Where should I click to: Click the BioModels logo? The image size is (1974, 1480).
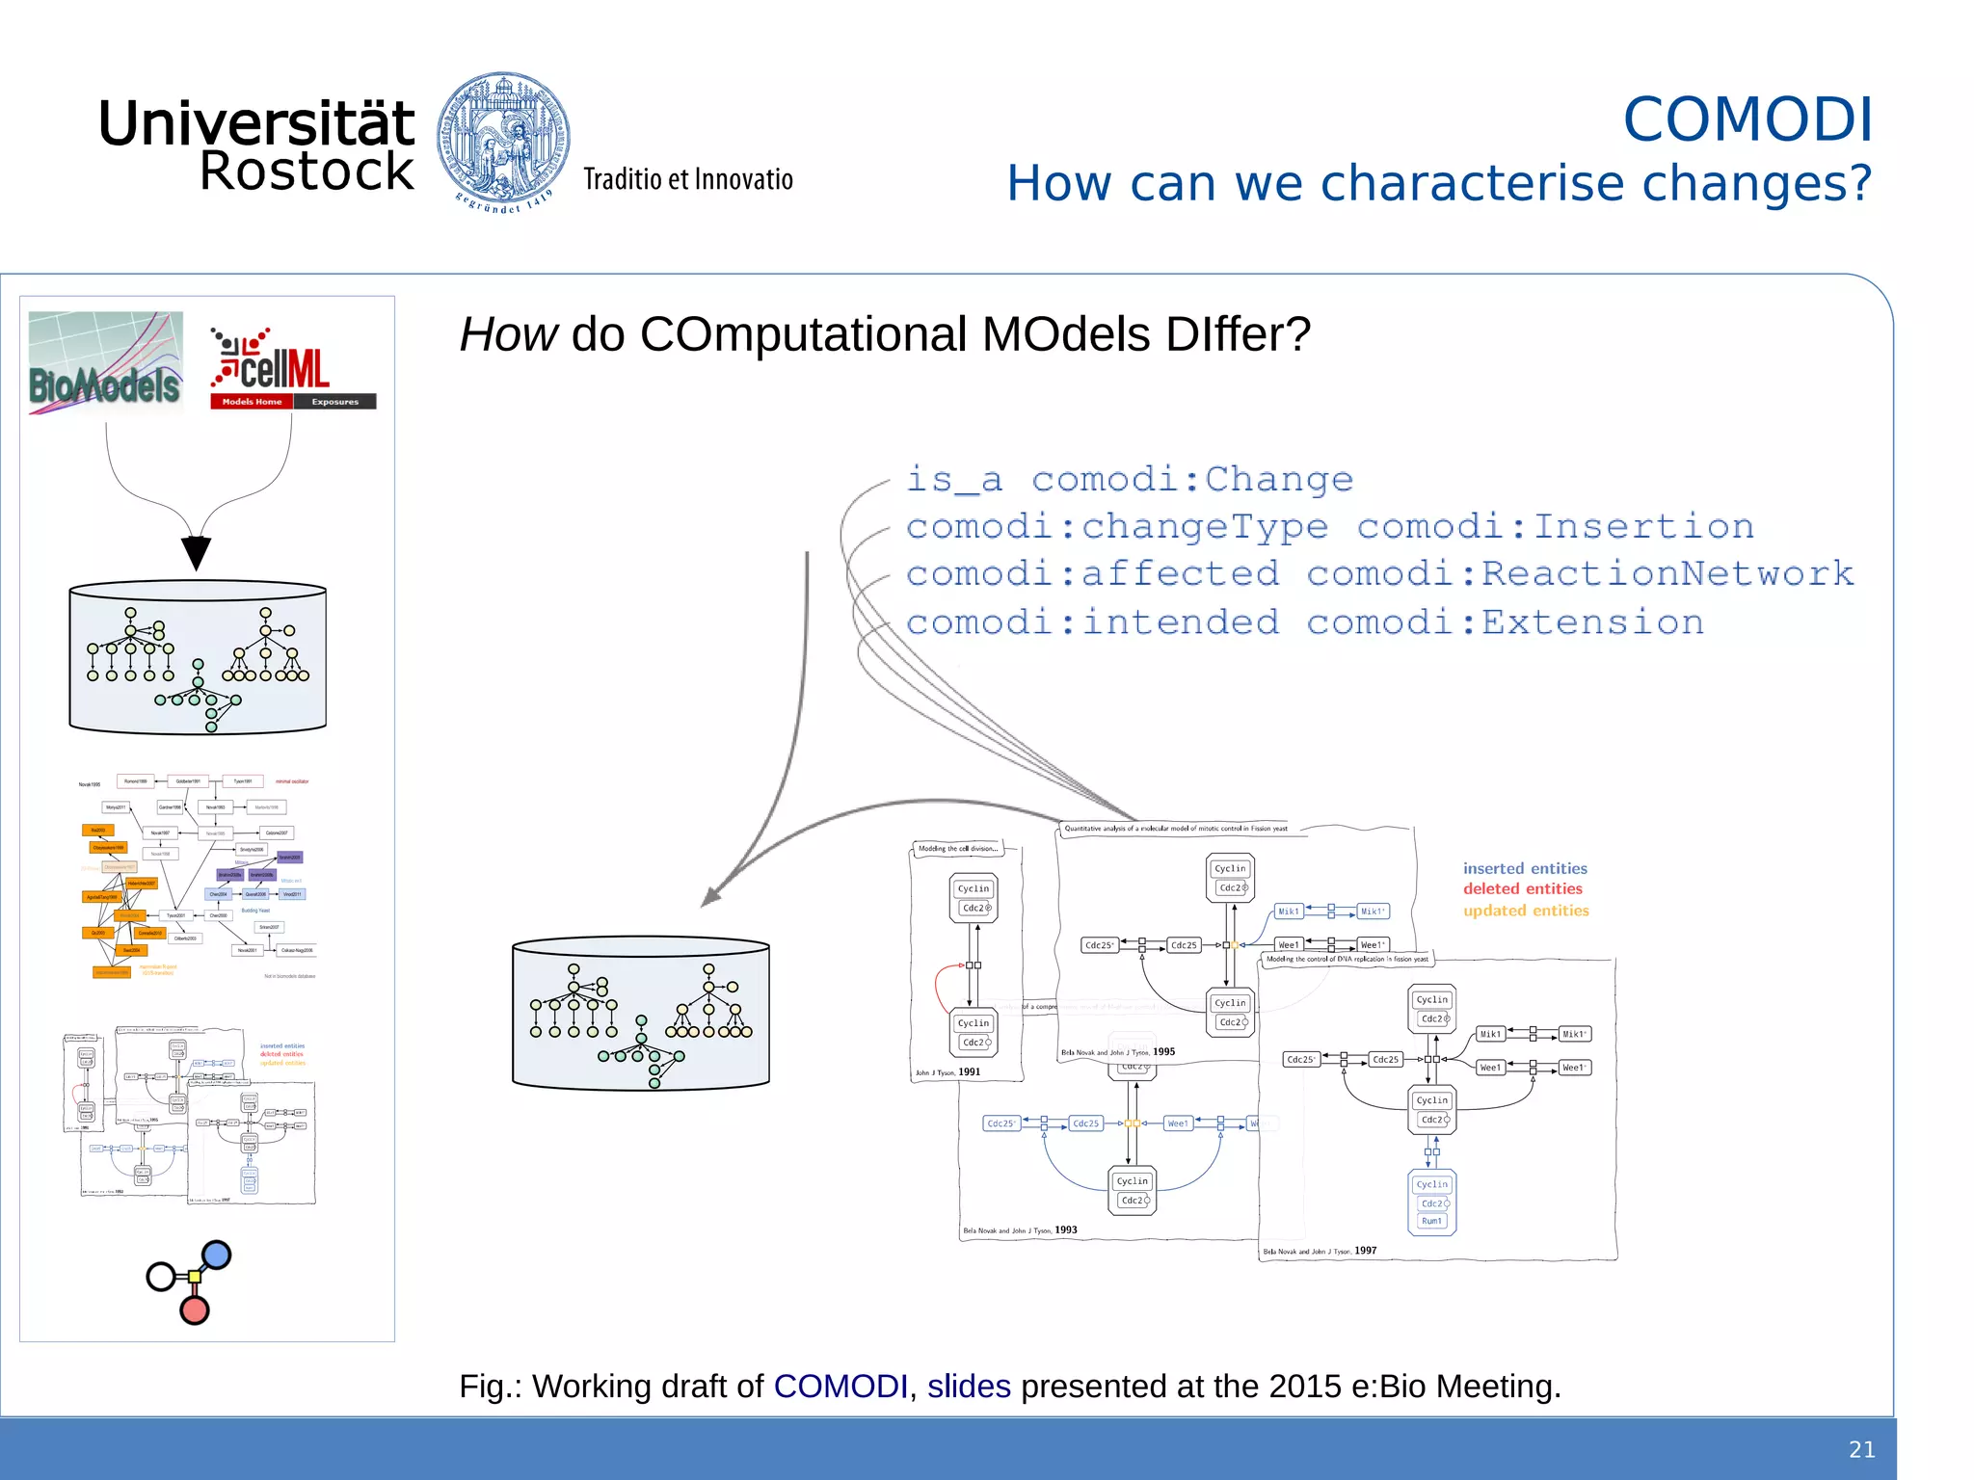point(106,363)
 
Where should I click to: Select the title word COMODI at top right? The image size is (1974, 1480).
point(1747,119)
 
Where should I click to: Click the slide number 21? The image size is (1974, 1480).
point(1861,1449)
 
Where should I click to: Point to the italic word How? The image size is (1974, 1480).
point(508,334)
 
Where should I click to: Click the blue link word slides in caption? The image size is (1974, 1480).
point(968,1386)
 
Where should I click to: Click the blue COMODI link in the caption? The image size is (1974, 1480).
point(840,1386)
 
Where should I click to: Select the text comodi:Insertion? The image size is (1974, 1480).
point(1555,526)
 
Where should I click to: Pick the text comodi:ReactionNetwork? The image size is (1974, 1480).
point(1580,573)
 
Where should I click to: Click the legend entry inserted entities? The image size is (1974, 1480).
point(1524,868)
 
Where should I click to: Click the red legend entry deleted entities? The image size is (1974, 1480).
point(1522,888)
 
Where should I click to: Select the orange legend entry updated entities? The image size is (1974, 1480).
point(1525,911)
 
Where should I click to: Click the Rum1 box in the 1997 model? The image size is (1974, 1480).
point(1431,1221)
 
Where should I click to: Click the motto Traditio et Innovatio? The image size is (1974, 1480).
point(687,179)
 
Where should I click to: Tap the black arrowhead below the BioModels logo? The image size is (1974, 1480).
point(196,552)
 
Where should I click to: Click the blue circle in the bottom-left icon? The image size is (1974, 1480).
point(217,1255)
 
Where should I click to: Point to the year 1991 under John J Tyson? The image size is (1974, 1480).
point(969,1071)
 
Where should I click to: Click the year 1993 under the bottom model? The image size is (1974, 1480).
point(1066,1229)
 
